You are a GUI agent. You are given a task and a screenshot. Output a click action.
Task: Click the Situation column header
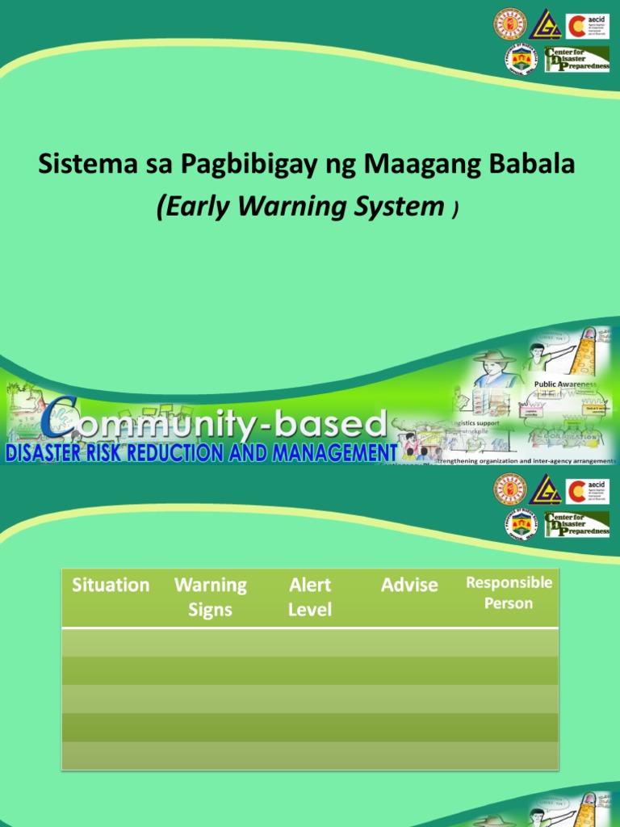[111, 585]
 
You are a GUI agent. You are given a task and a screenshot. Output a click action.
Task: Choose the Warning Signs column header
[211, 597]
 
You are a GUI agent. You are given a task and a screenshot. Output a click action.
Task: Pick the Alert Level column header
[310, 597]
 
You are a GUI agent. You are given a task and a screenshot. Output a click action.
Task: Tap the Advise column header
[409, 585]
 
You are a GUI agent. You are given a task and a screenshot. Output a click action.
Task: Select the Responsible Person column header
[509, 593]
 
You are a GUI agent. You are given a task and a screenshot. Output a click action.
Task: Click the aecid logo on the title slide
[588, 26]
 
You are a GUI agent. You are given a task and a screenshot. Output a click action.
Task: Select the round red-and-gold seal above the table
[509, 489]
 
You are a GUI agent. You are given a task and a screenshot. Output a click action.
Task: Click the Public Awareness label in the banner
[565, 385]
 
